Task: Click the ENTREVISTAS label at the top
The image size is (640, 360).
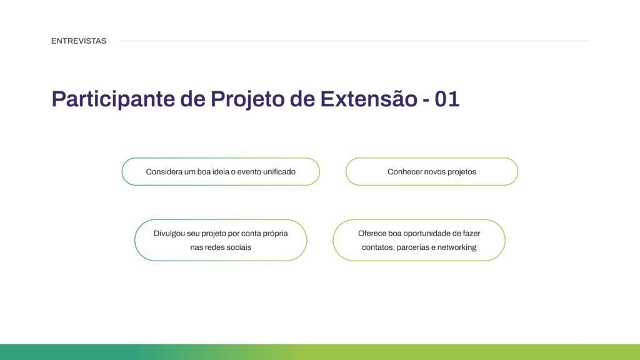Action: pos(79,41)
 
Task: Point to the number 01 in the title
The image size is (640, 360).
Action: pos(447,99)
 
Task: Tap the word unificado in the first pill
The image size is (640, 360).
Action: pos(274,171)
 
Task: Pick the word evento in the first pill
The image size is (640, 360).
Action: pos(241,171)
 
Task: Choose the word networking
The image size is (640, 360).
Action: pos(457,247)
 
